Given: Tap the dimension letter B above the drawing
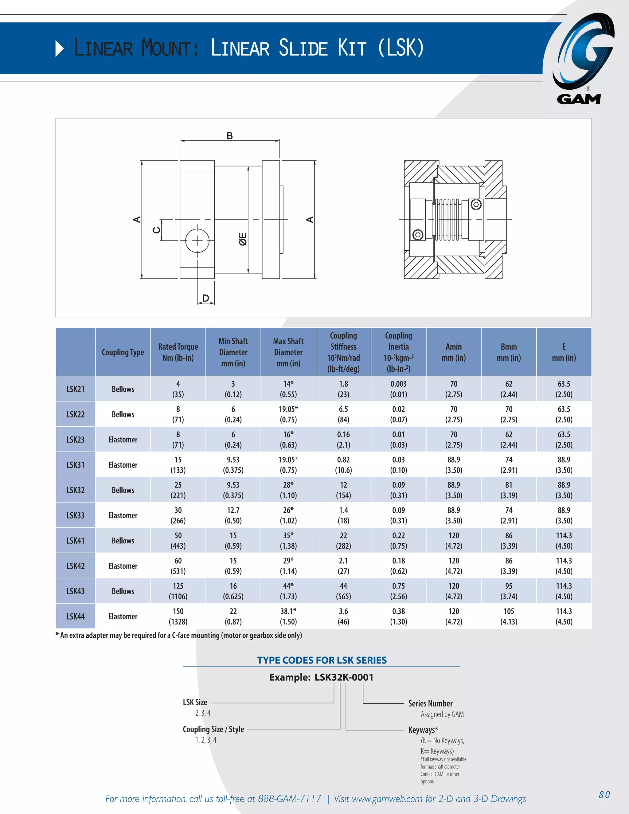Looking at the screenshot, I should pyautogui.click(x=229, y=136).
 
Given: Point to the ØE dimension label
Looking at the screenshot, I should pyautogui.click(x=243, y=239).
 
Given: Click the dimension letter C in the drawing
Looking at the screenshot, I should pyautogui.click(x=157, y=230).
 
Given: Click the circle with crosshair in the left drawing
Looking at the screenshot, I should pyautogui.click(x=197, y=241).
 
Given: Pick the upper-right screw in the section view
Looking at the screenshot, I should pyautogui.click(x=476, y=204).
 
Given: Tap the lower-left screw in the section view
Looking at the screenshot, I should pyautogui.click(x=418, y=235).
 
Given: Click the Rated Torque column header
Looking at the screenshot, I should pyautogui.click(x=178, y=352).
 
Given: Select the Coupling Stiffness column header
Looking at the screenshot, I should pyautogui.click(x=343, y=352).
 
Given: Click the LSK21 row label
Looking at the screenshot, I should pyautogui.click(x=76, y=389).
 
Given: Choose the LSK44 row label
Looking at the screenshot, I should pyautogui.click(x=76, y=616).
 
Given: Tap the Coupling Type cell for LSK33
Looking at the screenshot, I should pyautogui.click(x=123, y=515).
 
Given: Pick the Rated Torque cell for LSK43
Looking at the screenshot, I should pyautogui.click(x=178, y=591).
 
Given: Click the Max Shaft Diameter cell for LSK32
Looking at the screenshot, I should pyautogui.click(x=288, y=490).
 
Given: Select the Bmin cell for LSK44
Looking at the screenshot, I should pyautogui.click(x=509, y=616).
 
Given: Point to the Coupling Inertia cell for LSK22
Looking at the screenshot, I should pyautogui.click(x=398, y=414).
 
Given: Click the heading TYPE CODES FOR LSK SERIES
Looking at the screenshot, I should pyautogui.click(x=322, y=660).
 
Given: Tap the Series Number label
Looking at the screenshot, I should pyautogui.click(x=430, y=704).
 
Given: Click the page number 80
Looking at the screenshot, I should pyautogui.click(x=604, y=795).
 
